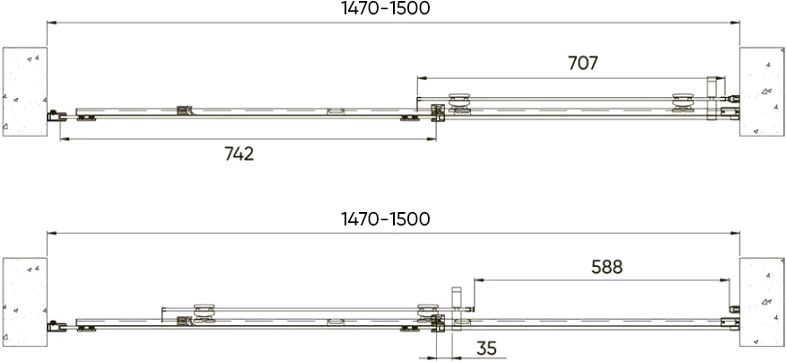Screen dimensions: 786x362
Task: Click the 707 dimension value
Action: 583,63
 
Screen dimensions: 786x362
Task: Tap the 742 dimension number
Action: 239,155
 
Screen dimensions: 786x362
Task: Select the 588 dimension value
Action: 607,268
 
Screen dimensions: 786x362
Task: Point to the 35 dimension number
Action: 485,348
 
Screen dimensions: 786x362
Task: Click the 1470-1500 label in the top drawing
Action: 386,9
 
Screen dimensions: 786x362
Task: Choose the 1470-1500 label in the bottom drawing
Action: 386,219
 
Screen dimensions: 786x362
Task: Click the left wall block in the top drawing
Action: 25,92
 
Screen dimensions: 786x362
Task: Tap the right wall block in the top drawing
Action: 762,92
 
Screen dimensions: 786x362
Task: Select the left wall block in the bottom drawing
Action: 25,302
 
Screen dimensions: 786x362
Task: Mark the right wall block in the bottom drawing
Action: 762,302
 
